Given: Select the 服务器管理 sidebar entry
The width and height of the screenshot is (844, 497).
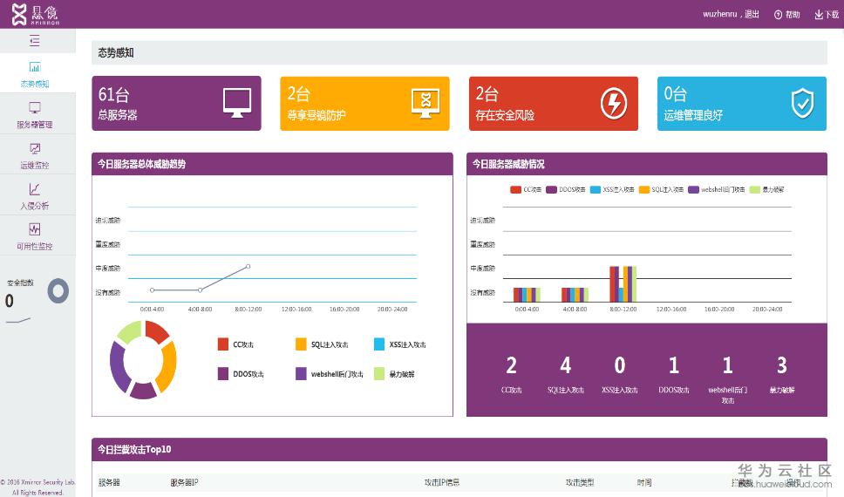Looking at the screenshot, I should [35, 115].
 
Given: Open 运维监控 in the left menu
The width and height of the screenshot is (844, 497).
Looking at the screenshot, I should [35, 155].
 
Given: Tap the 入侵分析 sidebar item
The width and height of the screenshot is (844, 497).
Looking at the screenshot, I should [35, 196].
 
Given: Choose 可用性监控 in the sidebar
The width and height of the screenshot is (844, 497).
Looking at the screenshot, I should [35, 236].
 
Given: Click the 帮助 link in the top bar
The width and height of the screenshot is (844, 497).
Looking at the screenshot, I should [786, 15].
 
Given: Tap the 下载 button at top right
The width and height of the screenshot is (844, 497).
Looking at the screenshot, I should [827, 15].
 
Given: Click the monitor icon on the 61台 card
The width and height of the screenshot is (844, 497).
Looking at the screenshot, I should [237, 103].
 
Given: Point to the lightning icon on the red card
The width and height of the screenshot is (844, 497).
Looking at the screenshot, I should [614, 103].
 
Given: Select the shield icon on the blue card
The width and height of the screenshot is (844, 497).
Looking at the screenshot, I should [802, 103].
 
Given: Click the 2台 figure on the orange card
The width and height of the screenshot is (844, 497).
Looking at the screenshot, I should [298, 94].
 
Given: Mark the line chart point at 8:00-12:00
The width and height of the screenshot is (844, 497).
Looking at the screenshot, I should [248, 267].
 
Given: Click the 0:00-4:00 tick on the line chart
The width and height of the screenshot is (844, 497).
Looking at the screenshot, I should [152, 309].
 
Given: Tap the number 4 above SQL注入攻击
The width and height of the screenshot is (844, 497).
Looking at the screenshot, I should [566, 365].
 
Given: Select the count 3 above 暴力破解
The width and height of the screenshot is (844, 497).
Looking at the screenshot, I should [782, 365].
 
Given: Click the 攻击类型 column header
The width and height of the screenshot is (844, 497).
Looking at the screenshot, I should [580, 482].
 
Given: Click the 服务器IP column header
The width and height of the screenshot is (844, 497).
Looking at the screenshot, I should [184, 482].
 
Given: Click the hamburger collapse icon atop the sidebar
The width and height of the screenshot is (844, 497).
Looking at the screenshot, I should [35, 40].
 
